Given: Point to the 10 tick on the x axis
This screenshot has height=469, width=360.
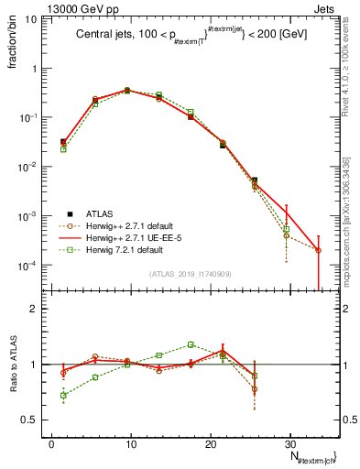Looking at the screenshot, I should (x=131, y=443).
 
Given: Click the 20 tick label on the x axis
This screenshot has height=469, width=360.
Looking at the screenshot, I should (x=210, y=443).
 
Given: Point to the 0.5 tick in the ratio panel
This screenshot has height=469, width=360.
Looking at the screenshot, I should (x=30, y=420).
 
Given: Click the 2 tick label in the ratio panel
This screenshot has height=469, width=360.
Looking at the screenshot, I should (x=35, y=309).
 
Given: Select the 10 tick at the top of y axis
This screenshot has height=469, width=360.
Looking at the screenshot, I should (x=32, y=18).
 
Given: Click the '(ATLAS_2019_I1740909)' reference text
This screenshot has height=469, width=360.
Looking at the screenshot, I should (x=191, y=273).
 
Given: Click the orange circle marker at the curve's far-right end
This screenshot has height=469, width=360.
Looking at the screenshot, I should (x=318, y=250).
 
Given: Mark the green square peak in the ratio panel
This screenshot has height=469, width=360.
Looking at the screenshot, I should (x=191, y=344).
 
